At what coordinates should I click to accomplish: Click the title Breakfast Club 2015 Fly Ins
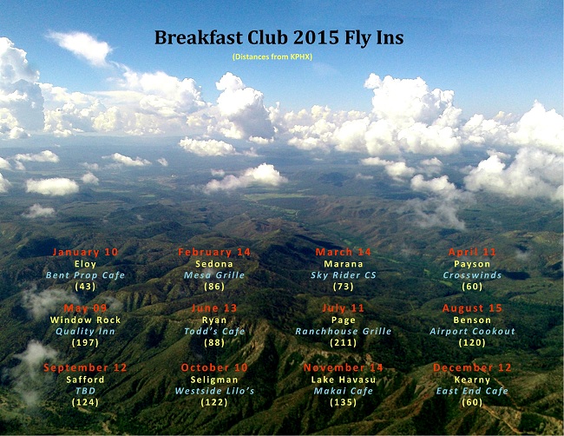pos(279,37)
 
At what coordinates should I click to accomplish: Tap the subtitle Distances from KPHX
pos(272,56)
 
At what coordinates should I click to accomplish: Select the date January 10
pos(85,252)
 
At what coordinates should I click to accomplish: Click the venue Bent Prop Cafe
pos(85,274)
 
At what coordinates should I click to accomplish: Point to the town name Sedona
pos(214,263)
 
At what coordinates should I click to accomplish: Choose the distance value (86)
pos(214,286)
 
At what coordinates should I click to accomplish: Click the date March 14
pos(343,252)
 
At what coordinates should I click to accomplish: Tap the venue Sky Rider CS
pos(343,274)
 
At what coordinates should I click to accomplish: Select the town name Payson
pos(472,263)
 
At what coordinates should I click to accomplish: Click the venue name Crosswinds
pos(472,274)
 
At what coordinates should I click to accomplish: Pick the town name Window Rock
pos(85,320)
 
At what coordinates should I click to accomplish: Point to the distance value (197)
pos(85,342)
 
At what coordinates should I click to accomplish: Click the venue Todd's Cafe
pos(214,331)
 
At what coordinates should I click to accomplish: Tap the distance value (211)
pos(343,342)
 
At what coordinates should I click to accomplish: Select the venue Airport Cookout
pos(472,331)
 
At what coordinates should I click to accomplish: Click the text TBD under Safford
pos(85,390)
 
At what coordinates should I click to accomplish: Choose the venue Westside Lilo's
pos(214,390)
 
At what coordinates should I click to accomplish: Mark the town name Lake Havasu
pos(343,379)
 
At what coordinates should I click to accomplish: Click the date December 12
pos(472,367)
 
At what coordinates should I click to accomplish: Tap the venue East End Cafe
pos(472,390)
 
